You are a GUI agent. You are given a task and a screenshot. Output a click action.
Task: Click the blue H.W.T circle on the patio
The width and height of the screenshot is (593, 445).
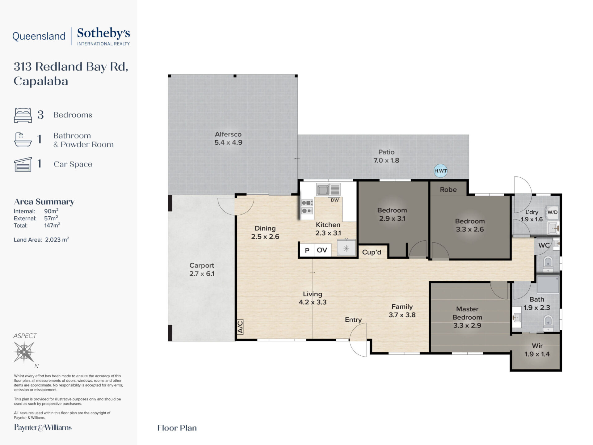pos(440,171)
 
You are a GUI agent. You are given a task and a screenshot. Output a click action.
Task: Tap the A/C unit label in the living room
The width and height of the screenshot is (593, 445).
pos(240,327)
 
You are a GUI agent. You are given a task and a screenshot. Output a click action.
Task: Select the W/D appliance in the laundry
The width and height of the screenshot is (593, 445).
pos(553,212)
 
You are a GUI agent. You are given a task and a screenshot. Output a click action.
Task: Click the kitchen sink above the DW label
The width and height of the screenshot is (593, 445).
pos(328,189)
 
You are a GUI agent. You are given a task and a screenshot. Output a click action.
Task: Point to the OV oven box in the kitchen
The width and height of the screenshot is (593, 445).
pos(322,250)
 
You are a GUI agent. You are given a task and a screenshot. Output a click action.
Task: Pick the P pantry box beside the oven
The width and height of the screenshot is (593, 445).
pos(307,250)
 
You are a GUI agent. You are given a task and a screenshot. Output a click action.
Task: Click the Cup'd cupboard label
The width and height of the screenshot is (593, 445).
pos(372,252)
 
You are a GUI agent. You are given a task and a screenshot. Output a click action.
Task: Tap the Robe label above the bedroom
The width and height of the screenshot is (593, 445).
pos(448,189)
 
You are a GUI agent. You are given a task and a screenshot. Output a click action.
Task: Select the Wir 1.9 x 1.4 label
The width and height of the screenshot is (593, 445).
pos(537,350)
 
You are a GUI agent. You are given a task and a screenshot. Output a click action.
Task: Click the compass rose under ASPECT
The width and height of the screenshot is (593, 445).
pos(24,352)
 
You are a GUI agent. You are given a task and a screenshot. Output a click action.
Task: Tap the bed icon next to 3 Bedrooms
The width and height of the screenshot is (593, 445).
pos(23,115)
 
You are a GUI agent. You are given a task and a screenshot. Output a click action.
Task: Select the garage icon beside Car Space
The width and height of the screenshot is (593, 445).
pos(23,164)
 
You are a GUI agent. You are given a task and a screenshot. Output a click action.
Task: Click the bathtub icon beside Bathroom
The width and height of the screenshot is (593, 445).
pos(23,139)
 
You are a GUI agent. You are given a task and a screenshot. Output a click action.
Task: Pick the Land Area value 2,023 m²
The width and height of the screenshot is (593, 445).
pos(57,239)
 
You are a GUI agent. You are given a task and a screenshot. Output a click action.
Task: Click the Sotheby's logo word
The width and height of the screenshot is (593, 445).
pos(103,33)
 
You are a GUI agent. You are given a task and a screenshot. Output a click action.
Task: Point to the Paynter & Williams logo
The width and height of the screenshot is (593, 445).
pos(43,428)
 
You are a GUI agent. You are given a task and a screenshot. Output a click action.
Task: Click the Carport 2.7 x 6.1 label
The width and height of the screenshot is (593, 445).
pos(202,269)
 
